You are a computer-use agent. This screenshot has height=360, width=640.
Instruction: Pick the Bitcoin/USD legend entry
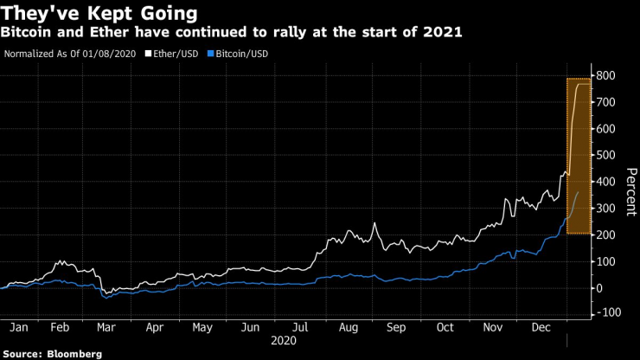(x=238, y=53)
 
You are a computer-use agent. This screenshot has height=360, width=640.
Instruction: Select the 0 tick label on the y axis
(x=598, y=287)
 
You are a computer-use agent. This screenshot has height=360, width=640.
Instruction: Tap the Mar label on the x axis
(x=106, y=328)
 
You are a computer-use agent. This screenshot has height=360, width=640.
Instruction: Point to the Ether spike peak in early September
(x=375, y=223)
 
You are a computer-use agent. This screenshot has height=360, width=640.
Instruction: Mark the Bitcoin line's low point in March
(x=106, y=298)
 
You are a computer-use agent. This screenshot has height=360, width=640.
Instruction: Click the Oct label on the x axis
(x=445, y=328)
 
